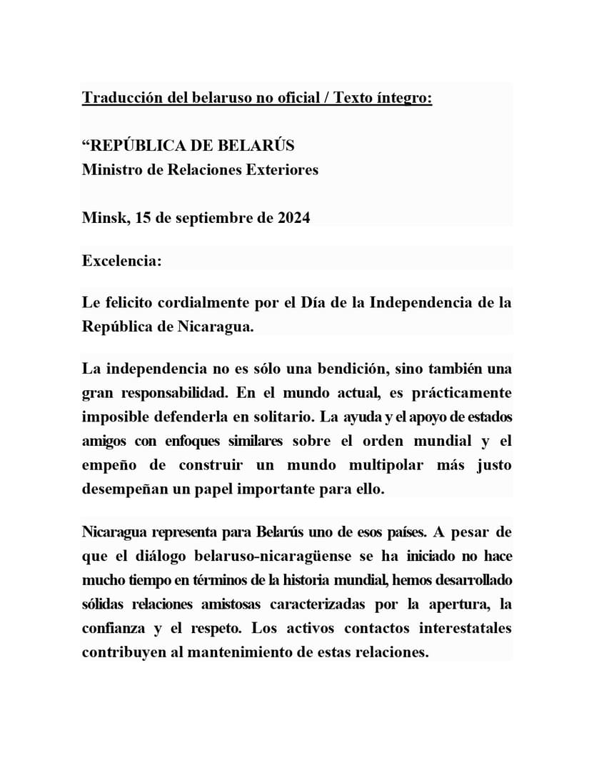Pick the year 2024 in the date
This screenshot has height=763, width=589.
(x=293, y=218)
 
